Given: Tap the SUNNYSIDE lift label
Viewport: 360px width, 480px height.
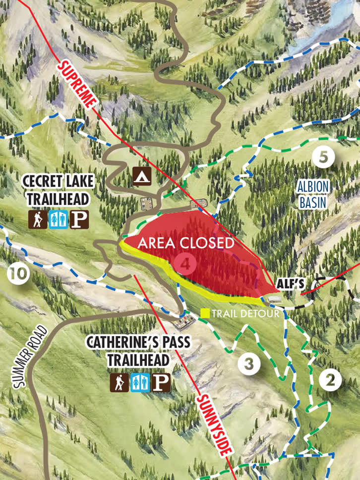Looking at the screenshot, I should coord(214,425).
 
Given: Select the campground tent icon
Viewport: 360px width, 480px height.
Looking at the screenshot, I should coord(142,175).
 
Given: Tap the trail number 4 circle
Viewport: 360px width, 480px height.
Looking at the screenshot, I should coord(185,264).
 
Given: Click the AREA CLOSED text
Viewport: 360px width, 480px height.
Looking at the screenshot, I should coord(185,243).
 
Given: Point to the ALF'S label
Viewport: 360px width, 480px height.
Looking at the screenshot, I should coord(291,283).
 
